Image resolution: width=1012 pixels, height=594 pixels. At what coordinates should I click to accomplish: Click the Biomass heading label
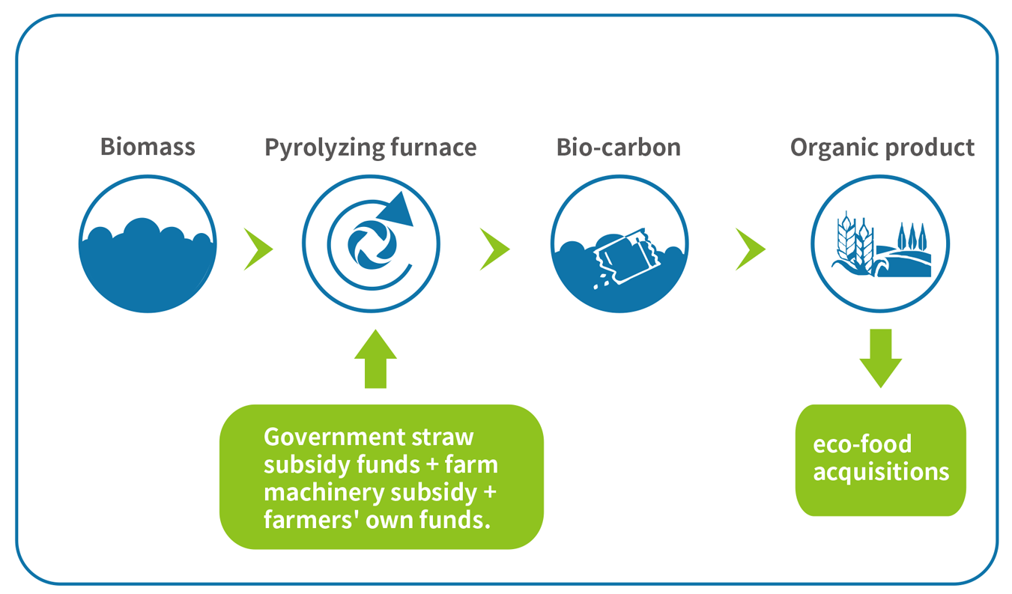coord(148,147)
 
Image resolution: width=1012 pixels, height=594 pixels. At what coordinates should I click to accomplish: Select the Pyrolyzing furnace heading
coord(371,148)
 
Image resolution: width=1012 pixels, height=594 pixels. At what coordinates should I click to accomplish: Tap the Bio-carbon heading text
coord(619,148)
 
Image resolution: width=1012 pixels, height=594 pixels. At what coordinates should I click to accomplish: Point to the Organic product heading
coord(882,148)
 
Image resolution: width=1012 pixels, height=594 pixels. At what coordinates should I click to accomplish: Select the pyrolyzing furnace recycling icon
coord(371,244)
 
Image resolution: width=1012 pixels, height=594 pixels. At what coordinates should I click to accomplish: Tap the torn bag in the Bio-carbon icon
coord(625,256)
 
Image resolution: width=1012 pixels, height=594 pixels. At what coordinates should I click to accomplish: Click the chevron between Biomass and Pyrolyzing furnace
coord(258,249)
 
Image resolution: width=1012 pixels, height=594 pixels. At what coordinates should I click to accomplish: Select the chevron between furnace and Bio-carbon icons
coord(494,249)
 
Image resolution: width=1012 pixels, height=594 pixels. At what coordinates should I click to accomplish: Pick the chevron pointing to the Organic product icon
coord(751,249)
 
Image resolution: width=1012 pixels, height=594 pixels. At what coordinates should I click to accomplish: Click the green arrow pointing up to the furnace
coord(375,359)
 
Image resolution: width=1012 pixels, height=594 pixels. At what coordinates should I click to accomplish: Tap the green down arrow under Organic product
coord(880,359)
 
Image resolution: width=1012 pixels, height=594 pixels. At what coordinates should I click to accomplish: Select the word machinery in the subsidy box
coord(324,493)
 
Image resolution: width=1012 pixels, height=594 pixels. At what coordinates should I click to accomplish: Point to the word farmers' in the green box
coord(312,519)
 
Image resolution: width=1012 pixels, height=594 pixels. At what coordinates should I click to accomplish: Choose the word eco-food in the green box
coord(862,443)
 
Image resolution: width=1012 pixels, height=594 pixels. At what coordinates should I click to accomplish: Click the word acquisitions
coord(881,473)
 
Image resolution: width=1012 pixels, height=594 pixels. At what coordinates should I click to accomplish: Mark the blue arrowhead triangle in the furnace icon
coord(398,210)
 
